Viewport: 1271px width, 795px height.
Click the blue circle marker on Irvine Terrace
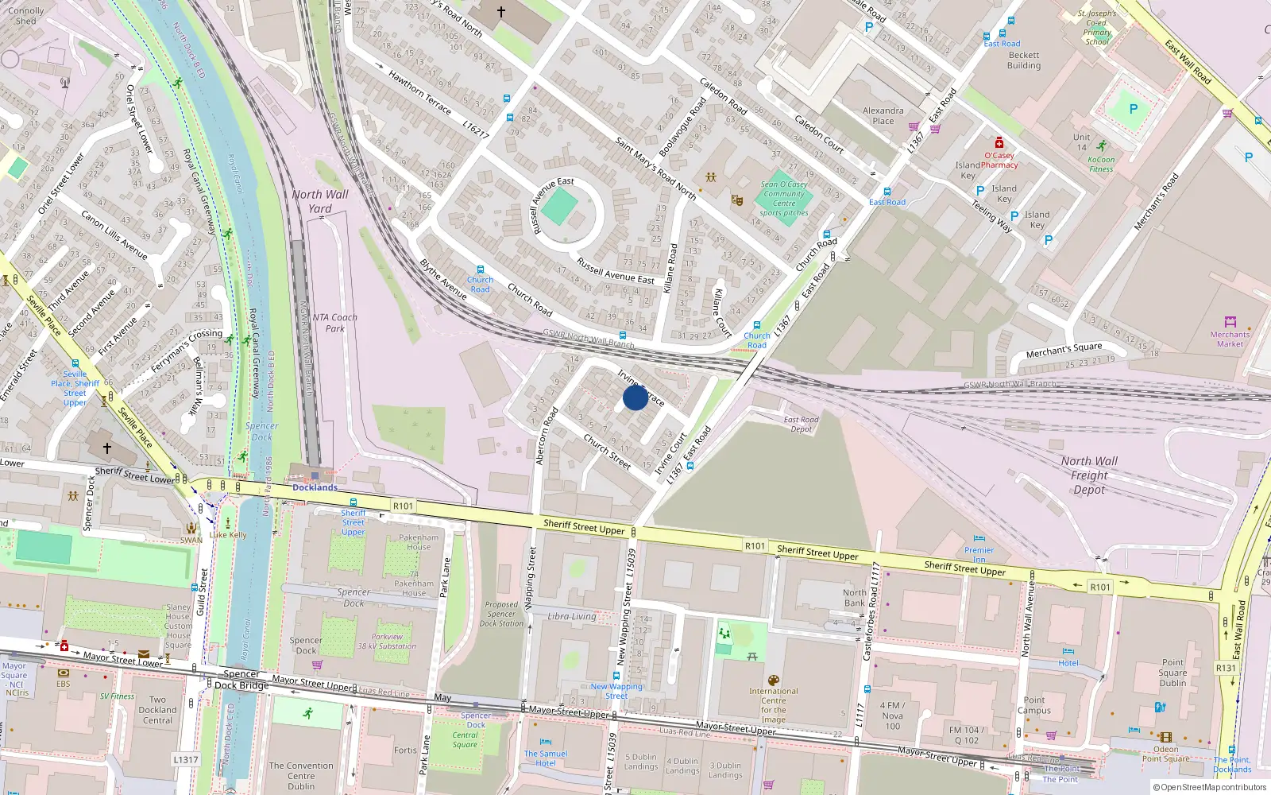coord(635,397)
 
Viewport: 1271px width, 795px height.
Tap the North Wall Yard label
coord(320,201)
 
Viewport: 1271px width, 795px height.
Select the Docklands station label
coord(315,487)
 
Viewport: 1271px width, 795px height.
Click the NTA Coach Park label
coord(334,322)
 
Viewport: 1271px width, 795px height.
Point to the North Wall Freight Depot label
coord(1089,475)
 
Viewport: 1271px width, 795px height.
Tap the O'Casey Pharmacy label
coord(999,160)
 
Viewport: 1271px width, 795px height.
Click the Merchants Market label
coord(1230,339)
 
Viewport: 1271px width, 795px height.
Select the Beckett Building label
coord(1023,60)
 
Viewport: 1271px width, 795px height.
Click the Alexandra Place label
coord(883,116)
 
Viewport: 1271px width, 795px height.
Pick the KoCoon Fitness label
coord(1101,164)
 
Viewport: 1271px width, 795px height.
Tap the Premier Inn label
coord(979,554)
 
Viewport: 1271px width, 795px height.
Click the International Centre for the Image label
coord(773,705)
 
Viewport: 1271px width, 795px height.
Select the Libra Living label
coord(571,616)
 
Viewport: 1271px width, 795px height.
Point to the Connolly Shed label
coord(25,16)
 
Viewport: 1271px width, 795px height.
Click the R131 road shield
coord(1226,668)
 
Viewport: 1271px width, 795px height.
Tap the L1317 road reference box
coord(185,759)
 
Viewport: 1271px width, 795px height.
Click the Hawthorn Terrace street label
coord(419,92)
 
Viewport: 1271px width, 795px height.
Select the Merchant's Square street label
coord(1064,351)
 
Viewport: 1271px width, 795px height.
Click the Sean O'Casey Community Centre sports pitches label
coord(783,199)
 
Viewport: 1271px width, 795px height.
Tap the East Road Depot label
coord(801,425)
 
